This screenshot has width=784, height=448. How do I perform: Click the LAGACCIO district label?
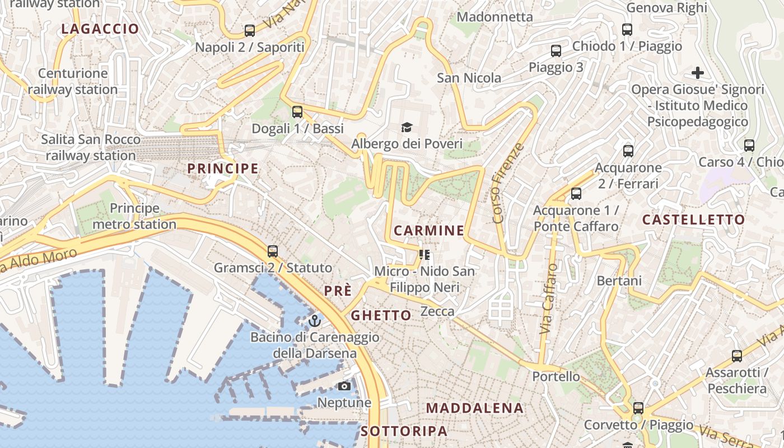coord(100,29)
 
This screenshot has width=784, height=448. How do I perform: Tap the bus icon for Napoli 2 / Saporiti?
coord(250,30)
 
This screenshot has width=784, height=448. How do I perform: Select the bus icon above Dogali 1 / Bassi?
coord(297,111)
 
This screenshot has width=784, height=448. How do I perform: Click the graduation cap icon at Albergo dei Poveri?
coord(407,128)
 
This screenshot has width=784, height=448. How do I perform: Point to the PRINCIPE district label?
coord(223,169)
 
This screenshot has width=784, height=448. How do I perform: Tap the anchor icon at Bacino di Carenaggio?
coord(315,321)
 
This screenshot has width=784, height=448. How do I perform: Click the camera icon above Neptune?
coord(344,386)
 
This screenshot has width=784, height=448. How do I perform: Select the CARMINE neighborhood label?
coord(429,231)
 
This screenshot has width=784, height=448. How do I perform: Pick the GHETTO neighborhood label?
coord(381,316)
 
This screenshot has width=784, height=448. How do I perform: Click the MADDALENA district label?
coord(475,408)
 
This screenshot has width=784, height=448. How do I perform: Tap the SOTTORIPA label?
coord(404,431)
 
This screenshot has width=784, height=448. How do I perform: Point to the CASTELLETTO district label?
coord(693,220)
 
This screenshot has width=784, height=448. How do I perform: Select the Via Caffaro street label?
coord(549,300)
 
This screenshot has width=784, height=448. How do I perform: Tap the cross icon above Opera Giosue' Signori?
coord(698,73)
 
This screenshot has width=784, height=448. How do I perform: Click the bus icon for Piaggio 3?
coord(556,51)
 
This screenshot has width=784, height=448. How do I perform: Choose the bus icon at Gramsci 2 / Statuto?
coord(273,251)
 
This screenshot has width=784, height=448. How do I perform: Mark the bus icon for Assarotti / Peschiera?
coord(737,356)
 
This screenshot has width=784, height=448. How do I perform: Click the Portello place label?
coord(556,376)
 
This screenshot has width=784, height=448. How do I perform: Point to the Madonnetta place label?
coord(495,17)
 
